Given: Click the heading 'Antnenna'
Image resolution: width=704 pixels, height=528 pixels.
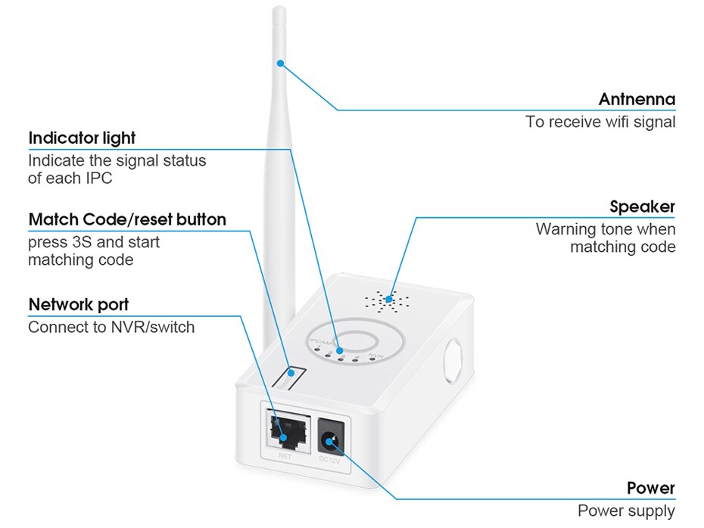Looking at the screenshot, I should point(636,99).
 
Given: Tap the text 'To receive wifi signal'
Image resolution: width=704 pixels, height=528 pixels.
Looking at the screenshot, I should point(600,122).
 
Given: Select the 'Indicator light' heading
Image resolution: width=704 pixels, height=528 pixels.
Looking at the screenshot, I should point(82,138).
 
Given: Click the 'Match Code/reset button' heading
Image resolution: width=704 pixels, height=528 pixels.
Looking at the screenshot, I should point(127,219).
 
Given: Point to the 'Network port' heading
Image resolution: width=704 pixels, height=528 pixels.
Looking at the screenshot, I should point(78,304).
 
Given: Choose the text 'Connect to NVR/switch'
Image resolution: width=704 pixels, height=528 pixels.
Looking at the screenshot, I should point(111,328).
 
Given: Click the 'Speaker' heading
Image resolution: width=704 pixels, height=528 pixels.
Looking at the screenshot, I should point(642,207).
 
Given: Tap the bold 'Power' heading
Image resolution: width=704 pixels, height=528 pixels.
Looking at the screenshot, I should point(650,488).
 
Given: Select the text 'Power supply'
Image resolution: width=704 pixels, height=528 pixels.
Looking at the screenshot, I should point(626,511).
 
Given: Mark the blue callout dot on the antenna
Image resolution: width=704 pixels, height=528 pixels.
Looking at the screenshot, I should point(280,64).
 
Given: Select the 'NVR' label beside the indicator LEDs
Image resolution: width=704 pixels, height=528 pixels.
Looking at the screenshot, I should point(375,354).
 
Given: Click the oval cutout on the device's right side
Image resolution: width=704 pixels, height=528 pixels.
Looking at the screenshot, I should point(454,359).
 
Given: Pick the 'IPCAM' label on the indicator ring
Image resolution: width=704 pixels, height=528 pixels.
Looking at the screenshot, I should point(320,343).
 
